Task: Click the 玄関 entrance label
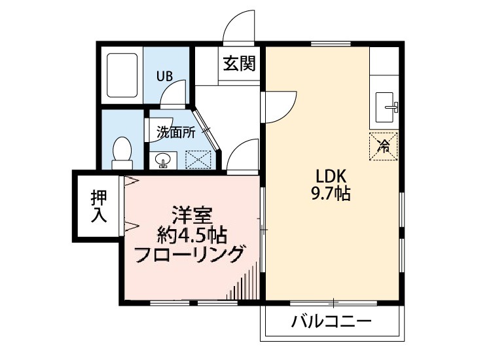point(238,64)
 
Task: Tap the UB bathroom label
point(164,75)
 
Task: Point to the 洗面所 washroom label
point(175,132)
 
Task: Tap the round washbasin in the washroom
point(162,159)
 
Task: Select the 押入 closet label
point(99,206)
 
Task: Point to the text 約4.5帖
point(191,234)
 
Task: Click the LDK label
point(335,176)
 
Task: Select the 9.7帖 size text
point(335,194)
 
